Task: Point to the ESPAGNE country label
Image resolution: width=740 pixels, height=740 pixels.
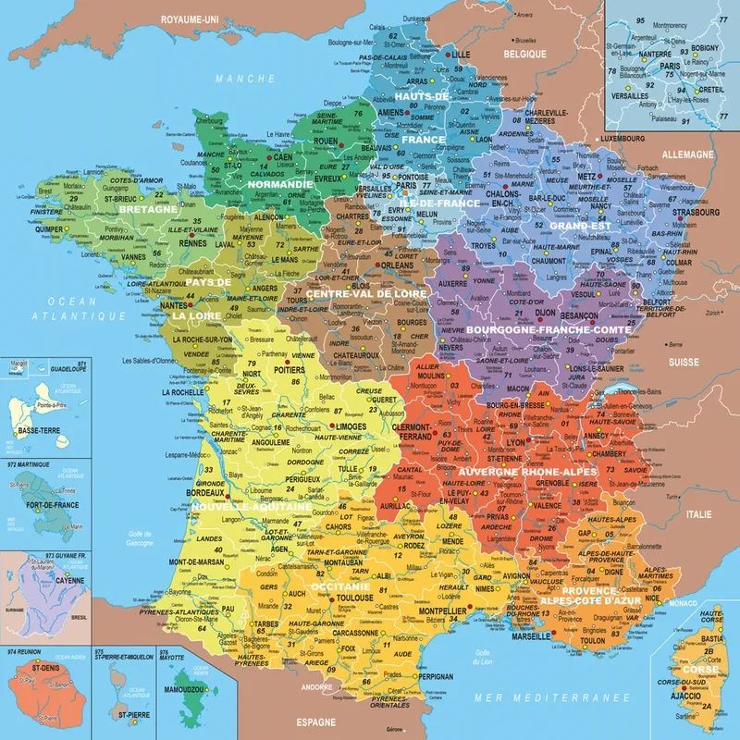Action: (x=313, y=718)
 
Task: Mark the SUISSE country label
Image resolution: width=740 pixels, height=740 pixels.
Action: (x=684, y=361)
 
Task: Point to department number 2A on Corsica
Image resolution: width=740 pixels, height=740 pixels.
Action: (x=709, y=707)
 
